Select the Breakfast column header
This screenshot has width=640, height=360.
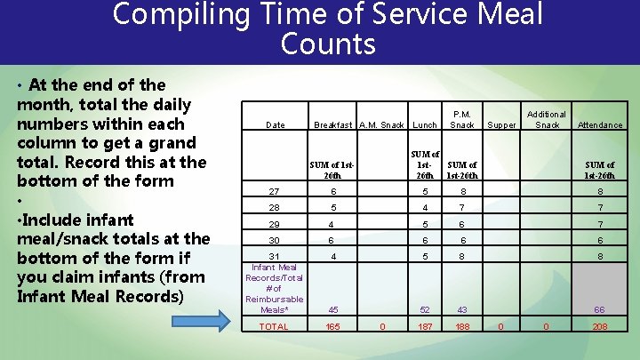(332, 125)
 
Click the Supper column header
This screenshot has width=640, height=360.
(502, 125)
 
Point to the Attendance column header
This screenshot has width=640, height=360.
(600, 125)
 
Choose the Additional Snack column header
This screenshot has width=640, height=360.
(547, 120)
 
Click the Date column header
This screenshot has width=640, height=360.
(276, 125)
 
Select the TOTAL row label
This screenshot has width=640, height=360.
(274, 327)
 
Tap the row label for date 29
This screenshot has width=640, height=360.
(274, 225)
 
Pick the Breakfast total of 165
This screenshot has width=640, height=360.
(332, 327)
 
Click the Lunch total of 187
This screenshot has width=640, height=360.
(426, 327)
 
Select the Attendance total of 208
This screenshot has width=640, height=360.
(600, 327)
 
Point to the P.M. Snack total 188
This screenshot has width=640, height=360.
(462, 327)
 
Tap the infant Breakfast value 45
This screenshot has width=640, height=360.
(332, 309)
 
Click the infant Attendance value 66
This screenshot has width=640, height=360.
(600, 309)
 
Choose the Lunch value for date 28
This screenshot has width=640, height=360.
(426, 207)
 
